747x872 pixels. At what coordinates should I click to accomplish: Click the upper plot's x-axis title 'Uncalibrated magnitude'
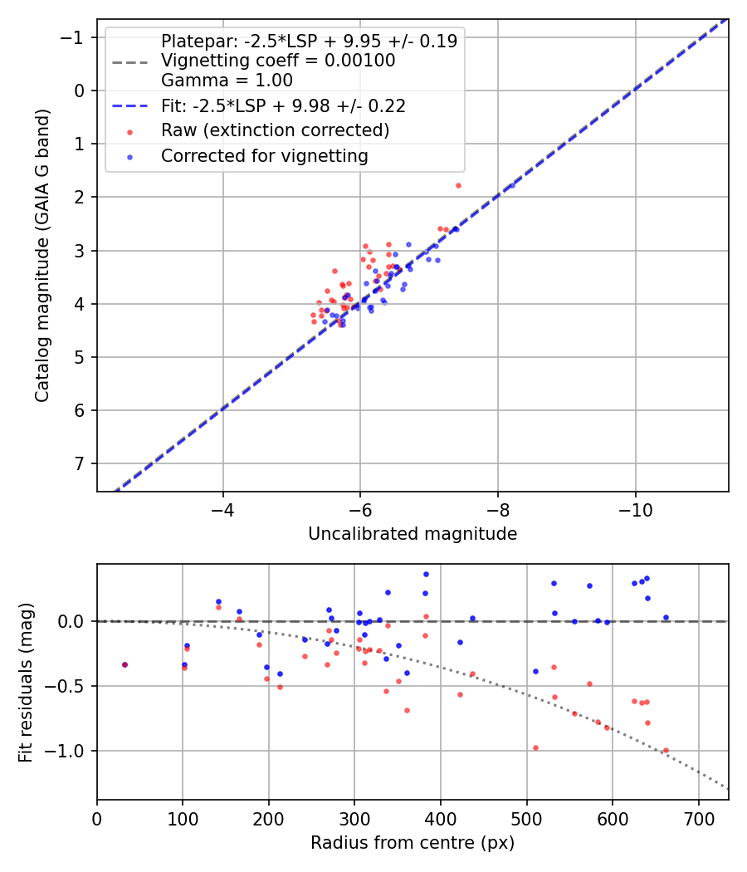point(413,534)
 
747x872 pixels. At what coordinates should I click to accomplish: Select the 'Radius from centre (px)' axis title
point(413,843)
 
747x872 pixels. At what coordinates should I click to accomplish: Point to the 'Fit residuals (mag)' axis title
point(25,682)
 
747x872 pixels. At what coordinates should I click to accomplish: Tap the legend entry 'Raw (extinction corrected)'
point(275,130)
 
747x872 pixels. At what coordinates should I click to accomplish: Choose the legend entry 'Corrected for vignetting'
point(264,155)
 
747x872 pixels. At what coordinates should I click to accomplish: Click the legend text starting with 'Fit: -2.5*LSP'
point(282,105)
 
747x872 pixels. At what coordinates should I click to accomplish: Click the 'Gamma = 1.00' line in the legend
point(227,81)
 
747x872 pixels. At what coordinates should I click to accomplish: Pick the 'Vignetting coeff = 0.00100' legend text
point(278,61)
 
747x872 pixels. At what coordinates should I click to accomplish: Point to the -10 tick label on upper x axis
point(635,508)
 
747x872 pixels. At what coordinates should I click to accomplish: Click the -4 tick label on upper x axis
point(222,508)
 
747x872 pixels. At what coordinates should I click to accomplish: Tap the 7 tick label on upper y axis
point(81,463)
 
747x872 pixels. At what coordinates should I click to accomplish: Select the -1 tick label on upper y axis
point(75,37)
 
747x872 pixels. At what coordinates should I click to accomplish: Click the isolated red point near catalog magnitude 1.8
point(458,185)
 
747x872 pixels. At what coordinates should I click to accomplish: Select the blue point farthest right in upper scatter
point(511,185)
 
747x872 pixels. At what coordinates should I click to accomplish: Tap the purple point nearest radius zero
point(124,664)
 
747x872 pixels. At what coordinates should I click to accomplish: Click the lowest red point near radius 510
point(535,747)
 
